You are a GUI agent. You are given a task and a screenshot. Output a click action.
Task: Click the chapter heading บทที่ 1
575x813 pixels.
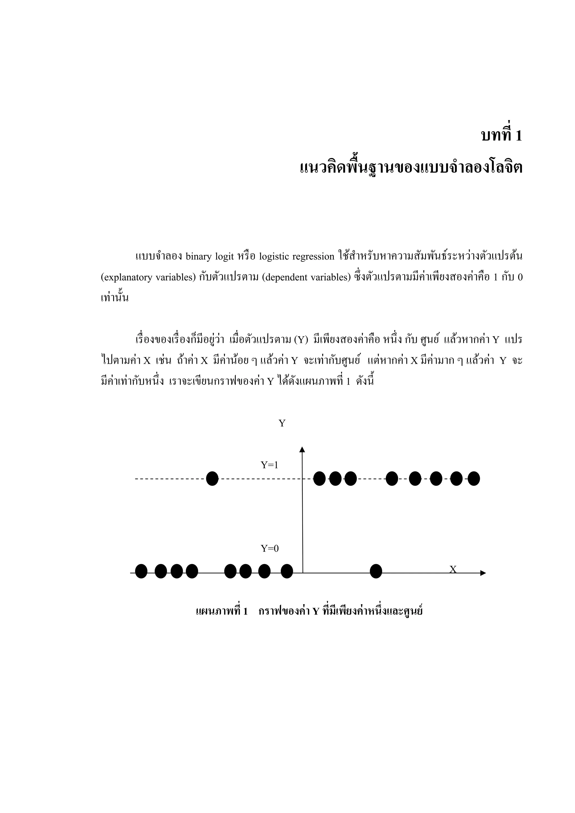[501, 135]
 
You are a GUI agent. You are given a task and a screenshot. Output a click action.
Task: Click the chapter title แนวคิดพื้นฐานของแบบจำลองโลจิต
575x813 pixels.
[411, 167]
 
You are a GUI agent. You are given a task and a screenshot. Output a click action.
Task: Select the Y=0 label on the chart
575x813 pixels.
[270, 548]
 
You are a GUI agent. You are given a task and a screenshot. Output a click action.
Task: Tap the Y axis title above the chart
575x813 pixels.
[282, 423]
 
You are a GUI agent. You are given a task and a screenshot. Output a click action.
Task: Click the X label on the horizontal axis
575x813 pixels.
[453, 569]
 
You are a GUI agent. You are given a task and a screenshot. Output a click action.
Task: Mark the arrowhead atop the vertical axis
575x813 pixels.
[302, 449]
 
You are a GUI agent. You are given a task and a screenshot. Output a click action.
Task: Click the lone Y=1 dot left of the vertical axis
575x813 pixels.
[212, 479]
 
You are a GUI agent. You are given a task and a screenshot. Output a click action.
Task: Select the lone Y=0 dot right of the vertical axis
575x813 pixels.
[376, 571]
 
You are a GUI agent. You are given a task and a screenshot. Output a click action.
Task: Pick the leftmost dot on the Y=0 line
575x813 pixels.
[141, 571]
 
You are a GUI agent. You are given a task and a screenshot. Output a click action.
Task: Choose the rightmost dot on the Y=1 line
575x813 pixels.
[474, 479]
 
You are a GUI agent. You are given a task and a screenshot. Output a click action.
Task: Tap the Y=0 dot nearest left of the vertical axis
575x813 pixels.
[287, 571]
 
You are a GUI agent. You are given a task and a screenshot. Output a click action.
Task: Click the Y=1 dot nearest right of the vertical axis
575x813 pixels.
[320, 479]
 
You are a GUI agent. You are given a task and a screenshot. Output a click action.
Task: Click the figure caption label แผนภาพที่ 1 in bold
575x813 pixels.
[222, 611]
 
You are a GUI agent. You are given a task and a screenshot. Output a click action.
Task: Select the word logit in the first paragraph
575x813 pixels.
[225, 257]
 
